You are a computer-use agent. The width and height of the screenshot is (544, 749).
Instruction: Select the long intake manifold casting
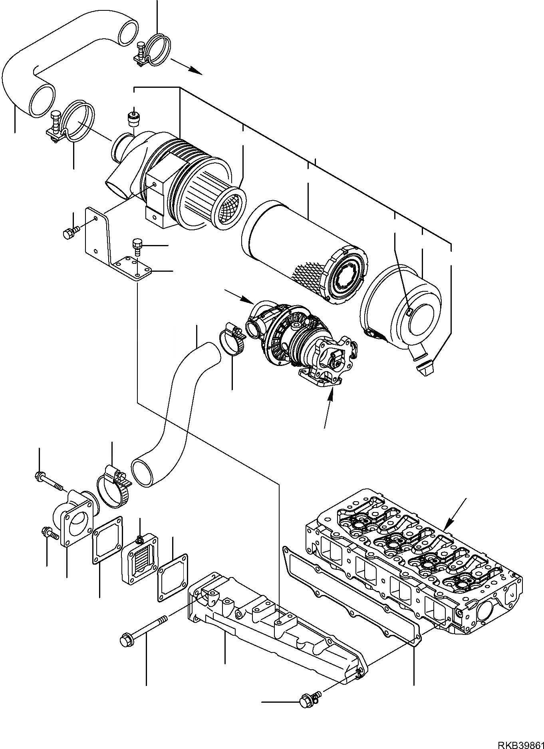[x=276, y=626]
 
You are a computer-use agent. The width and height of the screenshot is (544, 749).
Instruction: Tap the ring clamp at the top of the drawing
[x=154, y=50]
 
